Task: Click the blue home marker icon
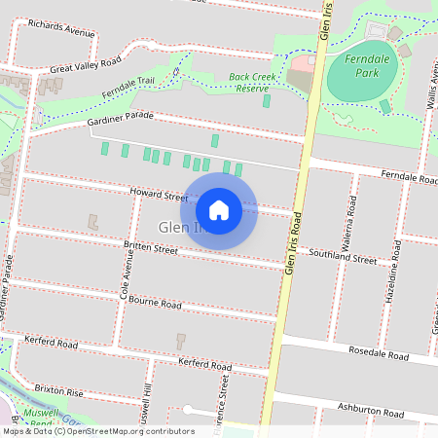(219, 209)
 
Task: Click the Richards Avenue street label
(61, 27)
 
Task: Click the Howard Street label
(158, 196)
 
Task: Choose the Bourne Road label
(155, 304)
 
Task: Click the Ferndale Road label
(409, 178)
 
